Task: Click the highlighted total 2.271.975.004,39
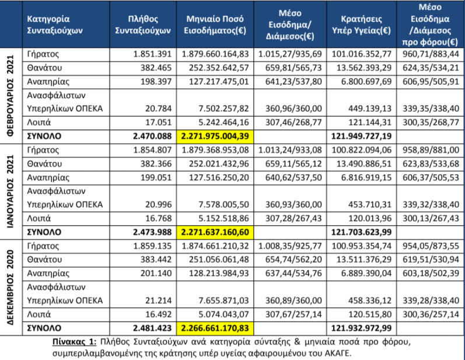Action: [x=215, y=136]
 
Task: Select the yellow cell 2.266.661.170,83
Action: [x=215, y=328]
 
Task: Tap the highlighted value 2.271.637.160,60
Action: [x=215, y=232]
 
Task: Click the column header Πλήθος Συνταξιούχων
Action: [x=143, y=25]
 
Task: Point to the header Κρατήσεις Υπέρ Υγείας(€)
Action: [x=361, y=25]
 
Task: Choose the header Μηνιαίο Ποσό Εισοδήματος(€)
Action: [x=215, y=25]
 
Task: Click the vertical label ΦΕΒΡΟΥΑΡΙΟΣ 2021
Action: [x=11, y=96]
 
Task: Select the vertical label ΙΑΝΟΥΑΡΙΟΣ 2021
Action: [x=11, y=191]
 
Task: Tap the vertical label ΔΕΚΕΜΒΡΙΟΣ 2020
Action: [x=11, y=287]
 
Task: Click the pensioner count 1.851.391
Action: [x=152, y=54]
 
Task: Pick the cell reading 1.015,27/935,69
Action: [x=290, y=54]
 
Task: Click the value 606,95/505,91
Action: [x=431, y=82]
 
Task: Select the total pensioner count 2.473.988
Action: [x=152, y=232]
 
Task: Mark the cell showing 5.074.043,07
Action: [x=223, y=314]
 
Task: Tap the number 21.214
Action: [x=158, y=300]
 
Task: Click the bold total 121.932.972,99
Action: [x=362, y=328]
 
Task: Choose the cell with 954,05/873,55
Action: [x=431, y=246]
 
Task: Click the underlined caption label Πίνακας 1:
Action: [x=75, y=342]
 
